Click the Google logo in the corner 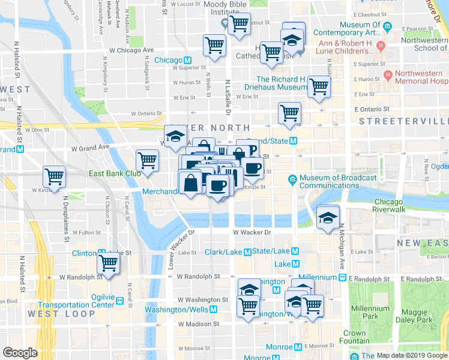[x=20, y=353]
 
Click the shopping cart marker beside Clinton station [x=109, y=263]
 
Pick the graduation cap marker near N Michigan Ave [x=328, y=217]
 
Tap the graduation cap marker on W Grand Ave [x=175, y=136]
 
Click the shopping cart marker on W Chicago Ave [x=215, y=45]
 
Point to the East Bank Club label [x=115, y=173]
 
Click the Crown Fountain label [x=355, y=337]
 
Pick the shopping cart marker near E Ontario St [x=289, y=112]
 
